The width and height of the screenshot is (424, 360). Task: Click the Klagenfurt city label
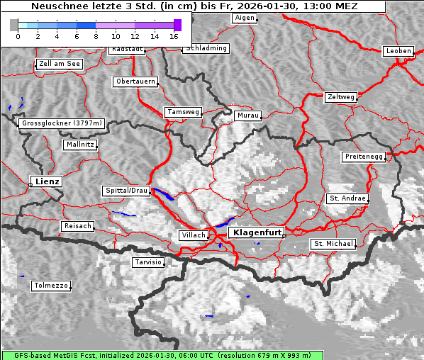(258, 232)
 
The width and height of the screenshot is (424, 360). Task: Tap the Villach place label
(193, 235)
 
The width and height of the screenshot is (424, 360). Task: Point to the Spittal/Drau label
(127, 191)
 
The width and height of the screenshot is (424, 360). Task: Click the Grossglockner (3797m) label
(62, 123)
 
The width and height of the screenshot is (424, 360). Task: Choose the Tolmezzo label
(51, 286)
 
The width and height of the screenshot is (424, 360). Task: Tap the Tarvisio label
(148, 262)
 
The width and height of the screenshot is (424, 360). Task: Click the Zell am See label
(60, 64)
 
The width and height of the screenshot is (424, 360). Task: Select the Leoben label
(398, 51)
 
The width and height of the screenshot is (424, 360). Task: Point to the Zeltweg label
(341, 96)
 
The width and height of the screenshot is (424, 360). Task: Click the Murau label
(248, 115)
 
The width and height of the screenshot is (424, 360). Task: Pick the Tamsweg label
(184, 112)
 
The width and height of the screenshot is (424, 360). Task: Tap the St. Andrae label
(347, 198)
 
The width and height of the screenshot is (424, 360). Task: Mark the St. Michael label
(333, 244)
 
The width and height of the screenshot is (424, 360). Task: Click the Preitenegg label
(364, 156)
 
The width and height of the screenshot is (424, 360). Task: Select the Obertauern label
(135, 81)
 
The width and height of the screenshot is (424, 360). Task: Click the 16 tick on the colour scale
(174, 35)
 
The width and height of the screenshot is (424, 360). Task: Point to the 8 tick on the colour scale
(96, 35)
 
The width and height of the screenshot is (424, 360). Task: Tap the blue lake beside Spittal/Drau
(164, 194)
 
